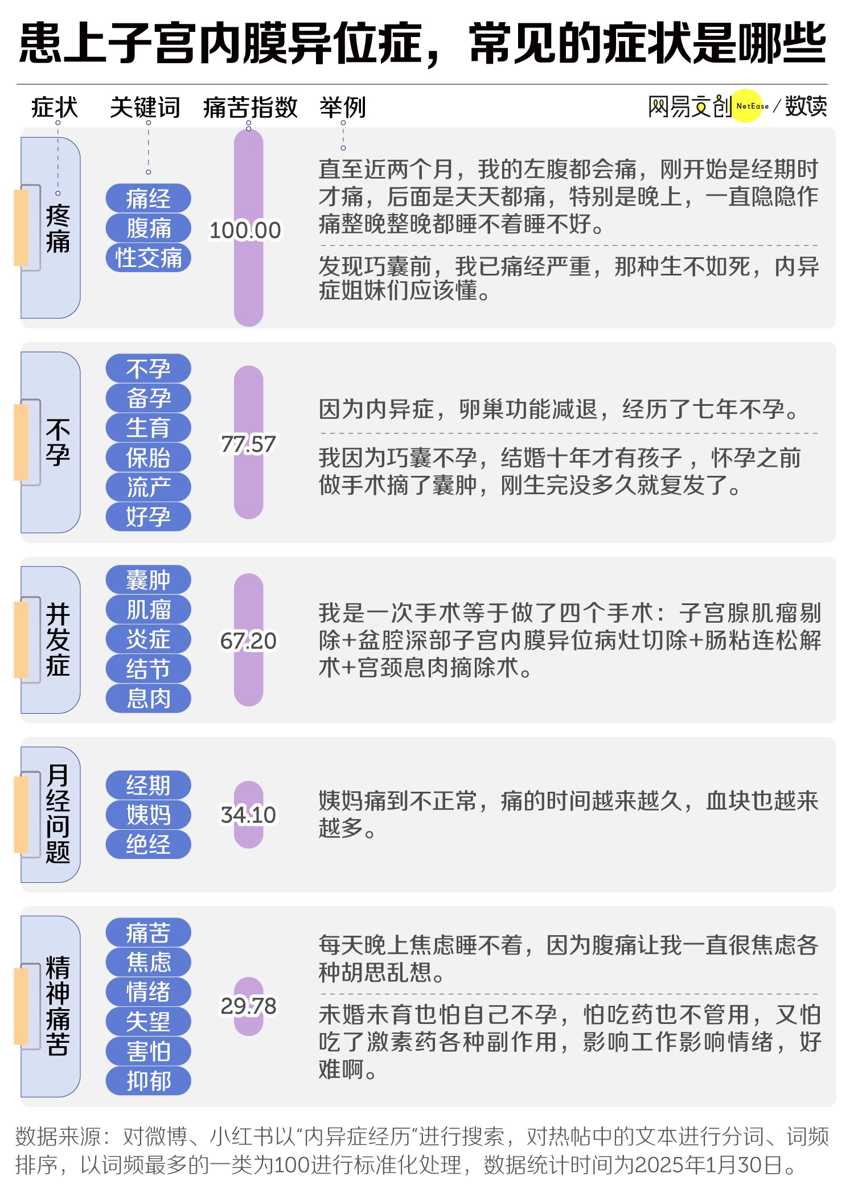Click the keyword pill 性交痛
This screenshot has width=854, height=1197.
[x=148, y=258]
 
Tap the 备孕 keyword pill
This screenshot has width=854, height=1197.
[x=148, y=398]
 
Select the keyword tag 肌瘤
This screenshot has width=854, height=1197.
[x=148, y=610]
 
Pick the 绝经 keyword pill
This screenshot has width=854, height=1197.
[x=148, y=844]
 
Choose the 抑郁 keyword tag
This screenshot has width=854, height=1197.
[x=148, y=1080]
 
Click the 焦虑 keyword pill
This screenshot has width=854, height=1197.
[x=148, y=962]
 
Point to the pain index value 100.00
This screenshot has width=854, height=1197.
[x=245, y=230]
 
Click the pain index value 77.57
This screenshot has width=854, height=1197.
[x=248, y=445]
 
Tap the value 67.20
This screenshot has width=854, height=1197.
[x=248, y=641]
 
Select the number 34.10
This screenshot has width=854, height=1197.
[x=248, y=815]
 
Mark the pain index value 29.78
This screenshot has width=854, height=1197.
[x=248, y=1006]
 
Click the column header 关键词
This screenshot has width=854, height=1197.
[x=145, y=107]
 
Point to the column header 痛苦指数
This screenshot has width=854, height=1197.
[x=251, y=107]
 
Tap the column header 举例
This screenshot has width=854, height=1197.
[x=343, y=107]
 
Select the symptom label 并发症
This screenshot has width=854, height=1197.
[x=58, y=640]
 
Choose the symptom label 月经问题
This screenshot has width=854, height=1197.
[x=58, y=814]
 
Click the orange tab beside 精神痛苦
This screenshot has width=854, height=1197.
[x=21, y=1006]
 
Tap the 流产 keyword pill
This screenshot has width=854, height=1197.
[x=148, y=487]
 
